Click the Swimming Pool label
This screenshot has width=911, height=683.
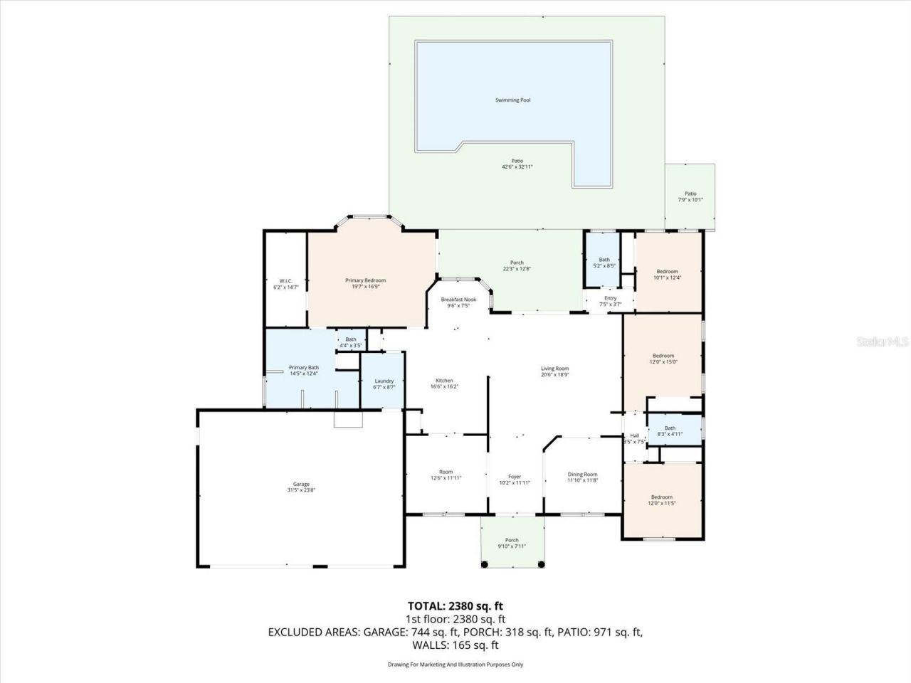[x=512, y=100]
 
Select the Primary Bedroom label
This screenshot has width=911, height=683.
[x=365, y=280]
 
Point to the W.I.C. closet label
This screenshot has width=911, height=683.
[x=285, y=281]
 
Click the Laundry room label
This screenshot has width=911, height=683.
[x=384, y=381]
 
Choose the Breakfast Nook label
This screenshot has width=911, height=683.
[x=458, y=300]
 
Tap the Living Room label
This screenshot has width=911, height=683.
[x=554, y=369]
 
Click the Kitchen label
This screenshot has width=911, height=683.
[x=444, y=381]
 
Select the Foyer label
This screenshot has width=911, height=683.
[x=514, y=477]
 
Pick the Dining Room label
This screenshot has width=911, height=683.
[x=582, y=475]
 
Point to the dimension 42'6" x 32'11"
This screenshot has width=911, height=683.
[x=517, y=166]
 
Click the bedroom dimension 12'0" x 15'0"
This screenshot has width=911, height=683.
[x=663, y=362]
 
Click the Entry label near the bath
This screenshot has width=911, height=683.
[x=610, y=298]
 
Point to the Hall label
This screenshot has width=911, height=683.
[x=634, y=435]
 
